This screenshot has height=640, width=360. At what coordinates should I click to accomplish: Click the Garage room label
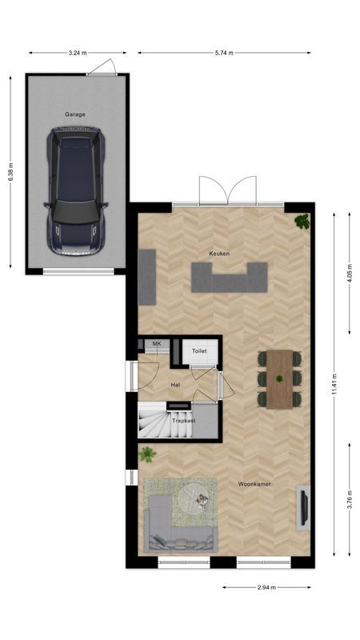75,114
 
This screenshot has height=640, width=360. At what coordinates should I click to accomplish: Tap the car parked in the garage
76,191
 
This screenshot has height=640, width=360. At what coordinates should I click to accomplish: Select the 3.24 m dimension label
78,53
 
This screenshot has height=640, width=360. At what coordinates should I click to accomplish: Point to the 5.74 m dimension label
224,53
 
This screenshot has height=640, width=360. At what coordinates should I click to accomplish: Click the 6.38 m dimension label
11,174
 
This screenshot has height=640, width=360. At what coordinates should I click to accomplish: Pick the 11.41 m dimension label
334,384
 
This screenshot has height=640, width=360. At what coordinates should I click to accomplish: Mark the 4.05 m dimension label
350,274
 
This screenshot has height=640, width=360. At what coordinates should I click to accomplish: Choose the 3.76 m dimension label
350,499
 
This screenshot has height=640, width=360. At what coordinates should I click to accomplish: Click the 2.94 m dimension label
266,587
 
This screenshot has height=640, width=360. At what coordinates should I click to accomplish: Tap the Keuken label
219,254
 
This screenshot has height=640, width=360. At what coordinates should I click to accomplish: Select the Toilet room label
199,351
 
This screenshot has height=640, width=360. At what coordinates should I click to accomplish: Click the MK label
157,344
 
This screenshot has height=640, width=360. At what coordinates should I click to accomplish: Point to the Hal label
175,385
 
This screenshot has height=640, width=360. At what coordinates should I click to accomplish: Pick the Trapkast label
184,421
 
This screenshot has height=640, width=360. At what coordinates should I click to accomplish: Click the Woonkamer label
254,484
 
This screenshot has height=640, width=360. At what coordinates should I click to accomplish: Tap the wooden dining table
279,378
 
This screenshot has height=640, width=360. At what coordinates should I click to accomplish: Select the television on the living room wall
304,507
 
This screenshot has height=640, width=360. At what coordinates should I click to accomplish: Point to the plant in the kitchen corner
302,222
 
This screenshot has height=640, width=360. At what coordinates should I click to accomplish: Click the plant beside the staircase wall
147,454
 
